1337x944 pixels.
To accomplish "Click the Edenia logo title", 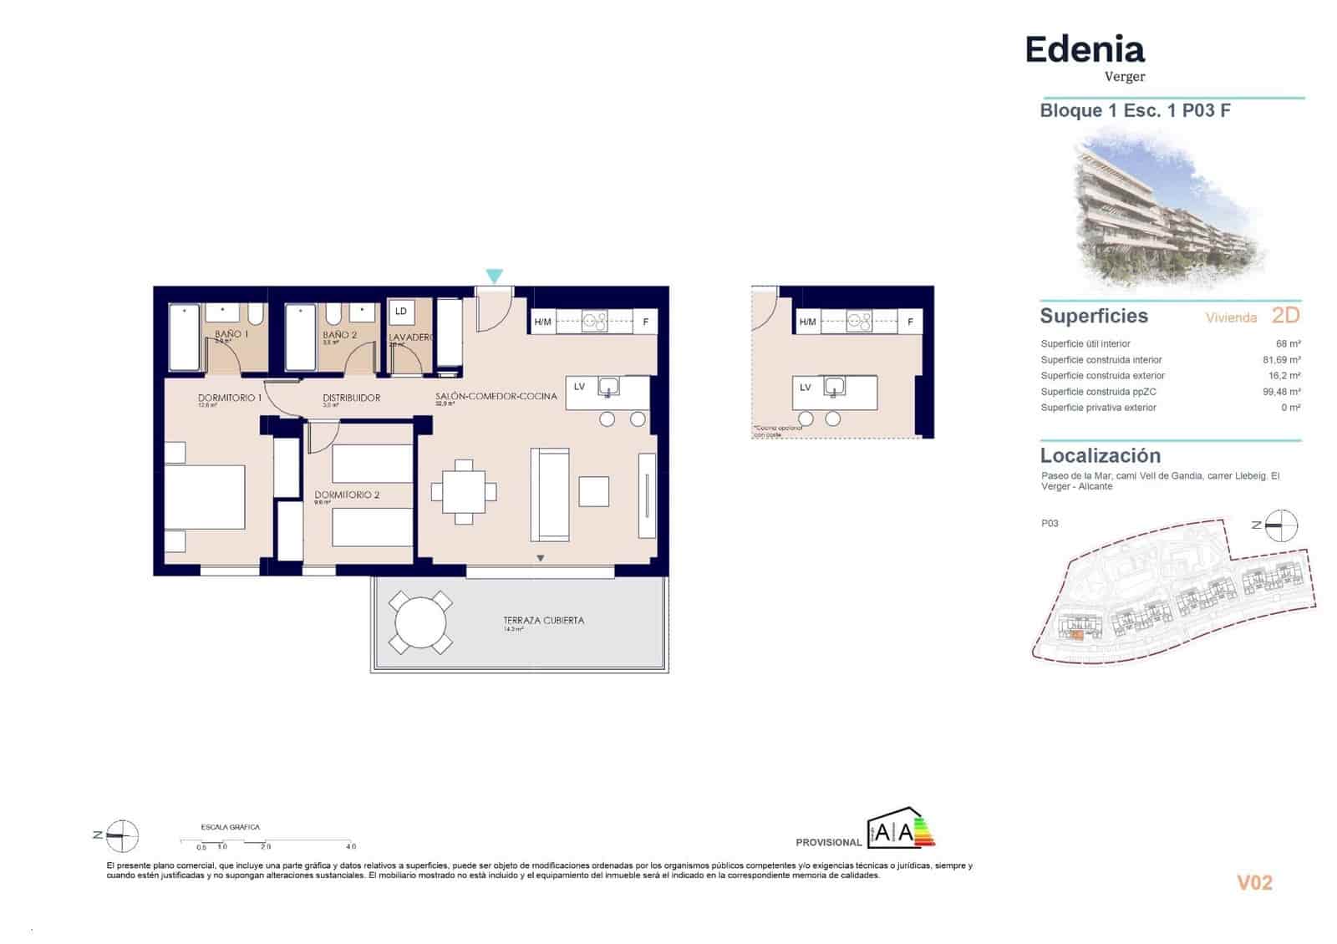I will pos(1084,50).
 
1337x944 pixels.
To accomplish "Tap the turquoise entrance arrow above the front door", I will pos(494,276).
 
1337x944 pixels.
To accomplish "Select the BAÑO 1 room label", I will pos(231,333).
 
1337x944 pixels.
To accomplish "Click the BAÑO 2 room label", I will pos(339,334).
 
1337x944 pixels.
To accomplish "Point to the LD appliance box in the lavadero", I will pos(401,311).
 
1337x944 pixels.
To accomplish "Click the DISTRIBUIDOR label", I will pos(351,398).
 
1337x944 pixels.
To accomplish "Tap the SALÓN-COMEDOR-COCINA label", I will pos(496,396).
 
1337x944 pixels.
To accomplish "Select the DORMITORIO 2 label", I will pos(347,495).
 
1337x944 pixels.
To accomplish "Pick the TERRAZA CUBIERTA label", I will pos(543,620).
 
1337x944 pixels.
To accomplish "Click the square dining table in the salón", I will pos(464,492).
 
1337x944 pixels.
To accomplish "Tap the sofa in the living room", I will pos(550,494).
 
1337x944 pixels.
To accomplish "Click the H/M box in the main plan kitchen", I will pos(542,322).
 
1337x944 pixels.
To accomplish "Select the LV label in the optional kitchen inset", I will pos(805,387).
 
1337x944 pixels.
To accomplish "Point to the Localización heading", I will pos(1100,455).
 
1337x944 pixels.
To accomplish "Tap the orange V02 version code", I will pos(1253,882).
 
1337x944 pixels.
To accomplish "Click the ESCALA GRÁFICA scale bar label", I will pos(231,827).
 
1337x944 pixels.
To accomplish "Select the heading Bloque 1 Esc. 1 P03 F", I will pos(1134,110).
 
